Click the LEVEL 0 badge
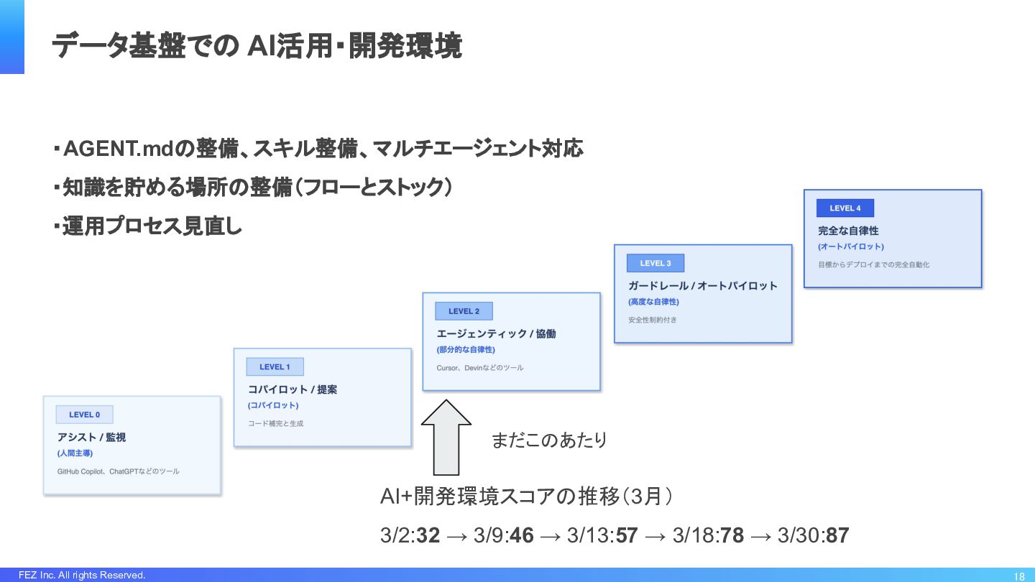(x=85, y=415)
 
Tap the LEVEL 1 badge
(x=275, y=367)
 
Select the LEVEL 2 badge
(x=464, y=311)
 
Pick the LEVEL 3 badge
(x=655, y=263)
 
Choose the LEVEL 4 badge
(x=845, y=208)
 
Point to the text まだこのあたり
(x=549, y=440)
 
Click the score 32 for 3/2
(x=428, y=535)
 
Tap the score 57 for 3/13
(x=626, y=535)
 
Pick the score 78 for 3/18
(x=732, y=535)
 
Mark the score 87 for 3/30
(x=837, y=535)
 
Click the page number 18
(x=1019, y=576)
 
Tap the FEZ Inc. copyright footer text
(x=82, y=575)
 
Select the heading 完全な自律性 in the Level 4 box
(x=848, y=231)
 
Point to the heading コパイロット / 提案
(x=293, y=389)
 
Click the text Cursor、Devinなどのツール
(x=480, y=368)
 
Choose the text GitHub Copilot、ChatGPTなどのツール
(x=119, y=471)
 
